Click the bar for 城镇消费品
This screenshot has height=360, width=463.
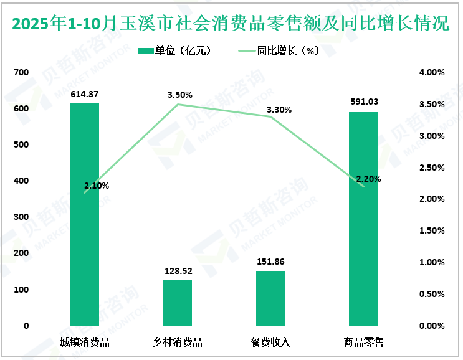[84, 214]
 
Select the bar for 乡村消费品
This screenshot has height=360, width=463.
[178, 303]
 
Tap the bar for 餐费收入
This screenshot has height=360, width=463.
[270, 298]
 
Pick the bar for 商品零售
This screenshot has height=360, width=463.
[364, 219]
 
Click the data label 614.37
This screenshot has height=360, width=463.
[84, 94]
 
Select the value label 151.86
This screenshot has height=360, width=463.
[270, 262]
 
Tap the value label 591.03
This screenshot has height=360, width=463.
[364, 102]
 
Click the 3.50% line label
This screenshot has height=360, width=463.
[179, 95]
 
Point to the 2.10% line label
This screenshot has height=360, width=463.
[97, 186]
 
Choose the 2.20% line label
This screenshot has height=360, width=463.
[368, 179]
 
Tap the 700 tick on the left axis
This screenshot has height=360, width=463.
[22, 72]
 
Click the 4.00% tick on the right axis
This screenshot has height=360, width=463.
[431, 72]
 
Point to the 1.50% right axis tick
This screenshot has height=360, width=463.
[431, 231]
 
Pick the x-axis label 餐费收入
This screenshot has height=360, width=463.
[270, 342]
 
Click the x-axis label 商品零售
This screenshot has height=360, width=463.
[364, 342]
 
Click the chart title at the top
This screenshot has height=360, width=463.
[231, 23]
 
